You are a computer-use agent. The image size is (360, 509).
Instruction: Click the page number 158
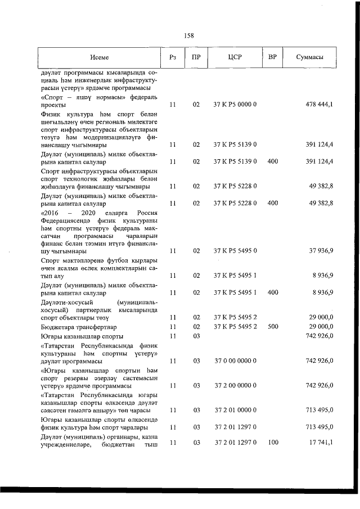click(189, 35)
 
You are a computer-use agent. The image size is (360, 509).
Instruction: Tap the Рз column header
click(173, 57)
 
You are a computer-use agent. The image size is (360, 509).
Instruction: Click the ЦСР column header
click(235, 57)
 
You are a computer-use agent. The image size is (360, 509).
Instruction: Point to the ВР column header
click(273, 57)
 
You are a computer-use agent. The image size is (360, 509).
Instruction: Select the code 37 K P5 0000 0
click(235, 105)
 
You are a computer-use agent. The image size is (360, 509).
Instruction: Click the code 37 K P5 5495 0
click(235, 251)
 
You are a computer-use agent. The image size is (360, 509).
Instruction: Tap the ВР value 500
click(273, 326)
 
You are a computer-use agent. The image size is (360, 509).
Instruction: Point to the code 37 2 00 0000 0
click(235, 386)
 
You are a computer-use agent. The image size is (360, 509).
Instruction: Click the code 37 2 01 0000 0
click(235, 411)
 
